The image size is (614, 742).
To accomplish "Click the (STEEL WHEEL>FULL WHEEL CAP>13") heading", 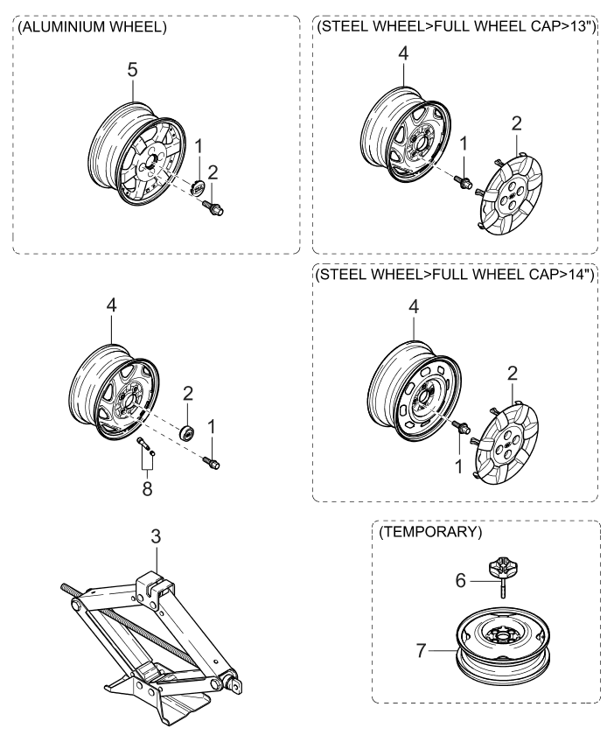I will click(455, 27).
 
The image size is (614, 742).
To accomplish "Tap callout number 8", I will click(147, 488).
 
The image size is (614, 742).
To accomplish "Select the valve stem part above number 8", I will click(145, 447).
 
